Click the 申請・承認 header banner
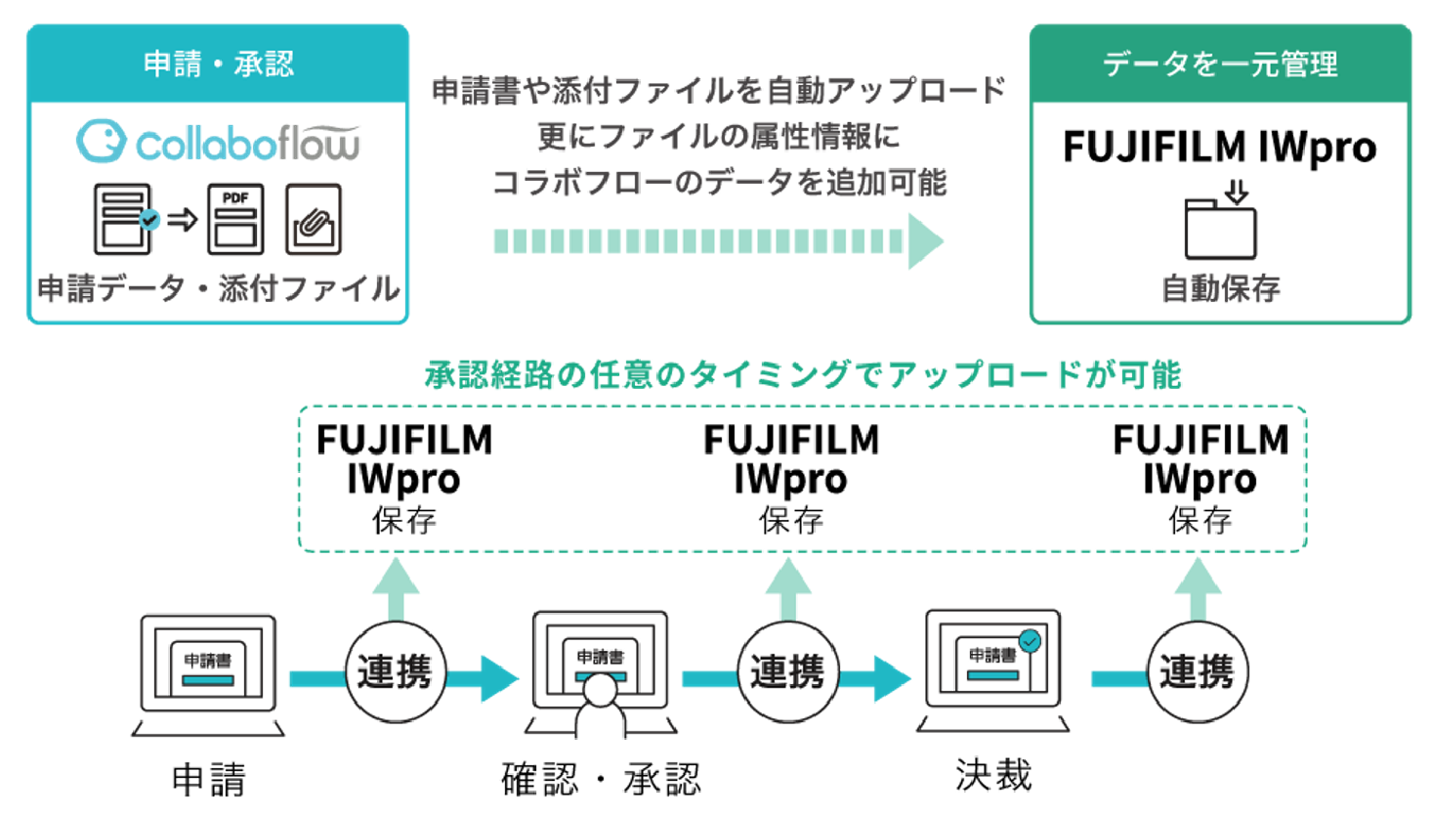pos(217,64)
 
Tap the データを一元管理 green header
pos(1219,64)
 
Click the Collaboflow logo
pos(218,143)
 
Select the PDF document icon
pos(235,219)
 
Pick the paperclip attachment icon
pos(313,219)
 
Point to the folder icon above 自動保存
pos(1220,224)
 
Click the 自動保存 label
pos(1220,288)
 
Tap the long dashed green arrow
pos(718,241)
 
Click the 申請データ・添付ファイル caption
pos(218,288)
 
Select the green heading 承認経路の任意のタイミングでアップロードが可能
pos(802,374)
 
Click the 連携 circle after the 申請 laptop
pos(395,672)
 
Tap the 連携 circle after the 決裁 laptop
pos(1197,672)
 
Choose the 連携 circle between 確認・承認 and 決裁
pos(787,672)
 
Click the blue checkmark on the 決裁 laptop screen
pos(1030,641)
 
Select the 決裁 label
pos(993,775)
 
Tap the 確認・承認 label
pos(600,779)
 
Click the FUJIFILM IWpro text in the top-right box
pos(1219,148)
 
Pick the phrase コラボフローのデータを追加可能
pos(718,183)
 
